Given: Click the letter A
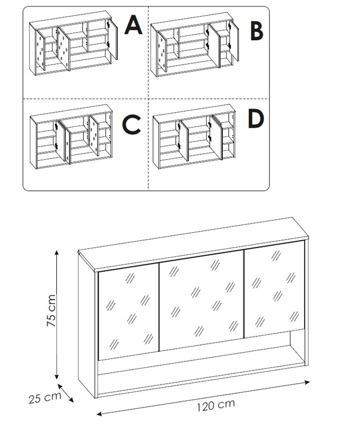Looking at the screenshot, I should point(133,25).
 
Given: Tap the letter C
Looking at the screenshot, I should point(131,125).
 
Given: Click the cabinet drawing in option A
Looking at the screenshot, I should point(73,45).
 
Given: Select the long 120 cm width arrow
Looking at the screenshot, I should point(204,397).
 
